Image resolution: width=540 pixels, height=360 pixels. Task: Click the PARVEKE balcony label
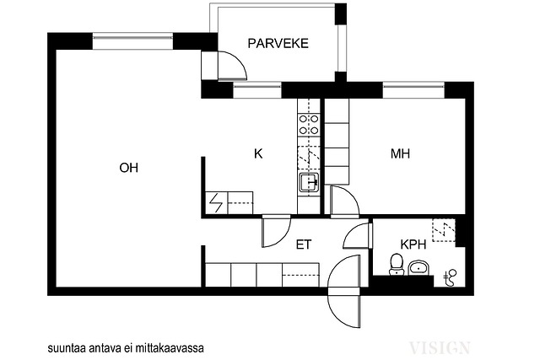278,43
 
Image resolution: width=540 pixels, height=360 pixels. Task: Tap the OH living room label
129,168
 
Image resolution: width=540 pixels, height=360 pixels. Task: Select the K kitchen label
258,153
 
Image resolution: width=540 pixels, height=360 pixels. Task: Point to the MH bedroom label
400,153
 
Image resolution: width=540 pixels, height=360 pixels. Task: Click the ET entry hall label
304,244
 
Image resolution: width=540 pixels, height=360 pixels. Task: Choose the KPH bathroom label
413,244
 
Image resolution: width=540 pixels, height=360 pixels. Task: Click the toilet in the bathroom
397,265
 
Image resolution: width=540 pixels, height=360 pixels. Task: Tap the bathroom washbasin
418,268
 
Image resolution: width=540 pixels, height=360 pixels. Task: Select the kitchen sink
309,182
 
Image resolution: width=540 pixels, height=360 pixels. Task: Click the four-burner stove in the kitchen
309,125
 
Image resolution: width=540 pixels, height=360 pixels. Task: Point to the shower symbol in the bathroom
451,277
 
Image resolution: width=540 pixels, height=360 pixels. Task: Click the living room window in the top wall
132,41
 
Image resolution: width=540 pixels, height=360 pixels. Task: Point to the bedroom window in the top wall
413,90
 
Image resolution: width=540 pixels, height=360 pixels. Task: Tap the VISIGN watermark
439,347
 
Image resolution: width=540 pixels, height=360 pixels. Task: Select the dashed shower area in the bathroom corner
444,230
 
